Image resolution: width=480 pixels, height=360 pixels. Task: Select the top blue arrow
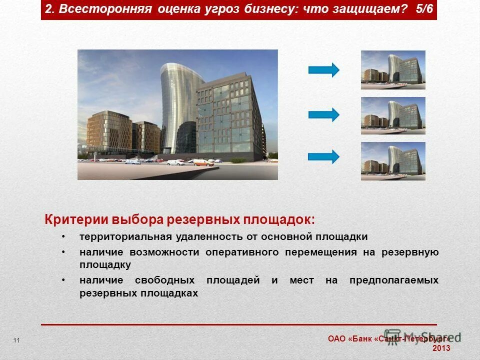tap(323, 70)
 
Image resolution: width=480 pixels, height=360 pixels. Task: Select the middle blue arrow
tap(323, 115)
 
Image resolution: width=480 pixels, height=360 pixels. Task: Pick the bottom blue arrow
tap(323, 156)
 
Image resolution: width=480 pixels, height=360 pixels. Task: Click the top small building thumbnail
tap(393, 70)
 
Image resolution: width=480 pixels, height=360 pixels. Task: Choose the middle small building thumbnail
tap(393, 115)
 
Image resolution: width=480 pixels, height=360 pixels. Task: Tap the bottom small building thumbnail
tap(393, 161)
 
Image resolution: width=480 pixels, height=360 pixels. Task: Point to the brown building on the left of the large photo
tap(107, 132)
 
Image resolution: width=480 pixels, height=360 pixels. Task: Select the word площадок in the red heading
tap(279, 220)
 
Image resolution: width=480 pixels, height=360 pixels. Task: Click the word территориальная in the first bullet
tap(125, 236)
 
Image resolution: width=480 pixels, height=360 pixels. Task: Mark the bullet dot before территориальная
tap(63, 236)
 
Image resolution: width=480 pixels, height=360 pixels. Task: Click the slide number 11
tap(17, 340)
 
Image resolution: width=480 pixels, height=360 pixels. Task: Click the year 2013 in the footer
tap(441, 348)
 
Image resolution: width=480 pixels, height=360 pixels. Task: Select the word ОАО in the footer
tap(336, 338)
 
